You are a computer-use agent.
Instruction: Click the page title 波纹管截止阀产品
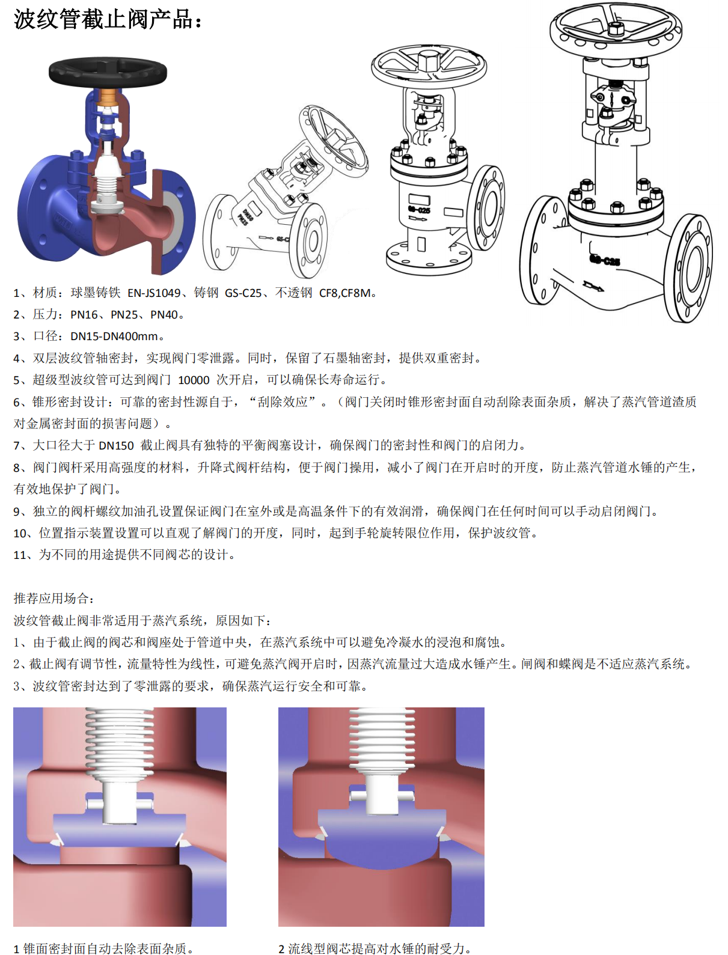coord(103,20)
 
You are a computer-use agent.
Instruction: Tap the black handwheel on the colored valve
coord(108,72)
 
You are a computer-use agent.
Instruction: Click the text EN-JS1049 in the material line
coord(154,293)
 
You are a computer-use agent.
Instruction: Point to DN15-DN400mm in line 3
coord(114,337)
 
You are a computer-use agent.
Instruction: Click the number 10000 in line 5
coord(194,380)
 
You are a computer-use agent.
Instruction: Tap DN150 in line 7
coord(116,445)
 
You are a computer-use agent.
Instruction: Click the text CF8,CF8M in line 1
coord(345,293)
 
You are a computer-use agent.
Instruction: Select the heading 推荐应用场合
coord(51,598)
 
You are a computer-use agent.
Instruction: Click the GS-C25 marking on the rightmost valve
coord(605,260)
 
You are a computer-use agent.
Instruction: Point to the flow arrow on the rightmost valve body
coord(593,286)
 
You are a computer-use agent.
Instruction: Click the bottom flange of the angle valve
coord(429,258)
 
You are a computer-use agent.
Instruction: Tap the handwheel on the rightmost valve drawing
coord(616,26)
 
